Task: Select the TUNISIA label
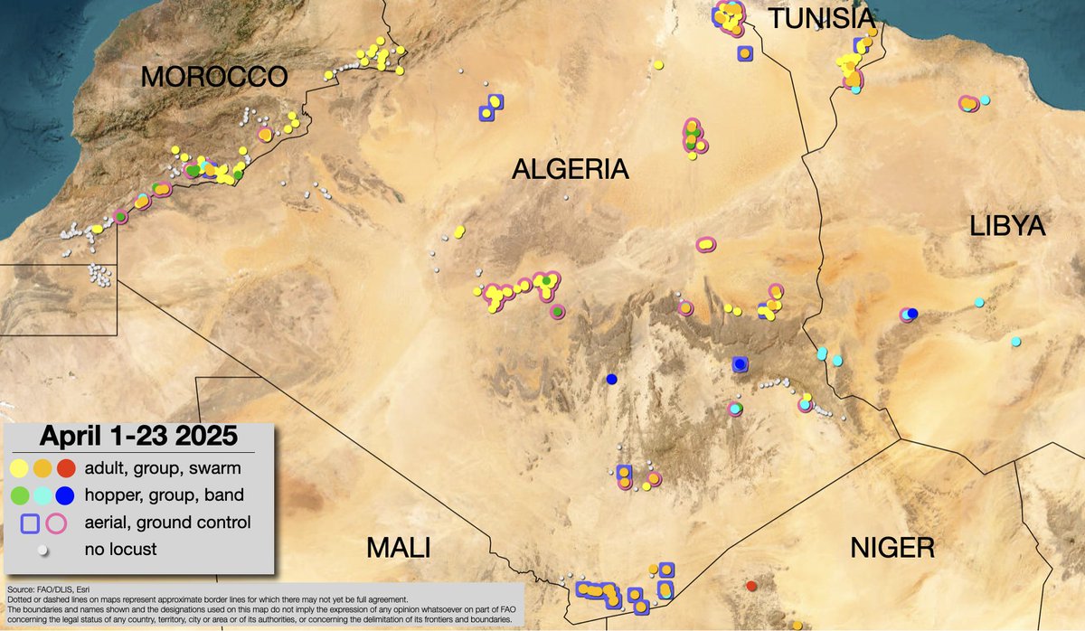coord(821,19)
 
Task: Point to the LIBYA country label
coord(1007,226)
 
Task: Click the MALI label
coord(398,548)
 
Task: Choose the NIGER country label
coord(892,548)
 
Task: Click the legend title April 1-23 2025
coord(137,437)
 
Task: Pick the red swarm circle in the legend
coord(66,469)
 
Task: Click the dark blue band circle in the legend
coord(66,495)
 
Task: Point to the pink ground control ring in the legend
coord(57,523)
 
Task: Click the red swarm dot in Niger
coord(751,586)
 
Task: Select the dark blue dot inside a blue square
coord(741,364)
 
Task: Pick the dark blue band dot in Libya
coord(912,314)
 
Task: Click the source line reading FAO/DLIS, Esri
coord(45,589)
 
